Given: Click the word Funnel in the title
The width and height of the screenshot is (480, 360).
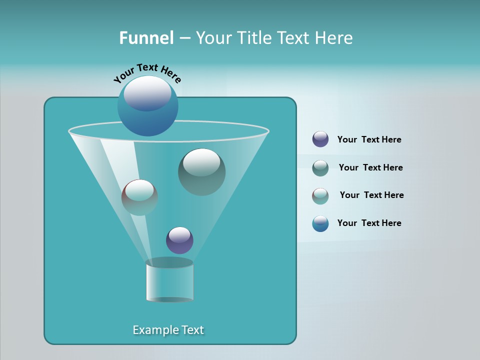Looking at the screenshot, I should pyautogui.click(x=146, y=38).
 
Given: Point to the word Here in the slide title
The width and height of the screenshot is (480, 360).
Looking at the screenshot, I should pyautogui.click(x=333, y=38).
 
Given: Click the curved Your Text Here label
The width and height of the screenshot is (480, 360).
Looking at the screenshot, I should pyautogui.click(x=147, y=72).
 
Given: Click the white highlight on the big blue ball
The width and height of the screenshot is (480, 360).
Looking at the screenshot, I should pyautogui.click(x=147, y=93).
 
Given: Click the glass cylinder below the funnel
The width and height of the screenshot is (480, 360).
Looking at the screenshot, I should pyautogui.click(x=170, y=282).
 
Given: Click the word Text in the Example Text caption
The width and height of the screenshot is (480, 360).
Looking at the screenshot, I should pyautogui.click(x=192, y=330).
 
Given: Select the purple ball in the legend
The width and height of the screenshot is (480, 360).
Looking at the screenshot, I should pyautogui.click(x=320, y=139).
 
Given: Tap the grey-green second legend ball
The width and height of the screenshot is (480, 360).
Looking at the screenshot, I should pyautogui.click(x=320, y=168).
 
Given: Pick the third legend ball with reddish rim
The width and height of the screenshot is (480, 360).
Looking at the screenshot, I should pyautogui.click(x=320, y=195).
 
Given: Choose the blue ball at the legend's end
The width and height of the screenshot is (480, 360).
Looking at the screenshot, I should pyautogui.click(x=320, y=223).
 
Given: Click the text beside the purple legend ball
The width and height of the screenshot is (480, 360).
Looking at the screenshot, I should pyautogui.click(x=369, y=139).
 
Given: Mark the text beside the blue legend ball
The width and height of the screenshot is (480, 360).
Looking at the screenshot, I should pyautogui.click(x=369, y=223).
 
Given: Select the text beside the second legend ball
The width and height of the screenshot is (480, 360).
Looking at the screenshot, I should pyautogui.click(x=370, y=167).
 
